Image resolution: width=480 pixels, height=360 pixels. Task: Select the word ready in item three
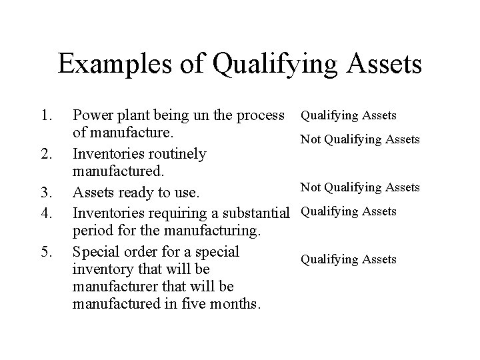[136, 193]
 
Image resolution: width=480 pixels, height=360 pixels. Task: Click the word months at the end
[237, 305]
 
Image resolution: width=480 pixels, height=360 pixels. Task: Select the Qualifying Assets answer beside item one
[348, 115]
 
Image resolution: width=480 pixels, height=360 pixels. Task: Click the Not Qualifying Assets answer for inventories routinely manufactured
[360, 139]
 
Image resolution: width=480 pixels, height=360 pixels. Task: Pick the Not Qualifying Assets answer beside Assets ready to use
[360, 187]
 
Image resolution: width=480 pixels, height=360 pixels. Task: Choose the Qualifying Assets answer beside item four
[348, 211]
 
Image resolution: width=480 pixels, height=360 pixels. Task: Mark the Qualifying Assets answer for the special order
[348, 259]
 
